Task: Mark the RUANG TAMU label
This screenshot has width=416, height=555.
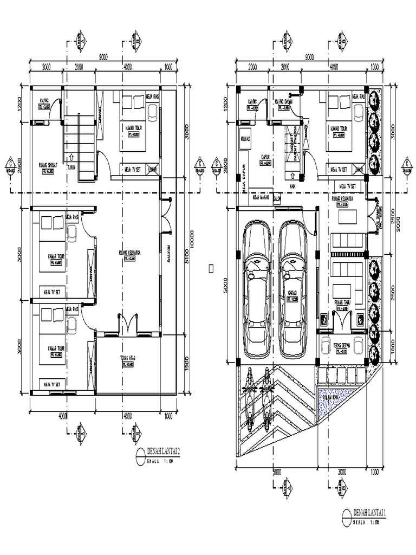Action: pyautogui.click(x=343, y=303)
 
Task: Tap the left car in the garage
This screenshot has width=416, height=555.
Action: pyautogui.click(x=257, y=291)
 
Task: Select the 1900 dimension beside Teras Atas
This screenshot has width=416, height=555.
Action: pyautogui.click(x=186, y=367)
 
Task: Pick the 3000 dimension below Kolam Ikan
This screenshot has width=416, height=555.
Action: pyautogui.click(x=342, y=471)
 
